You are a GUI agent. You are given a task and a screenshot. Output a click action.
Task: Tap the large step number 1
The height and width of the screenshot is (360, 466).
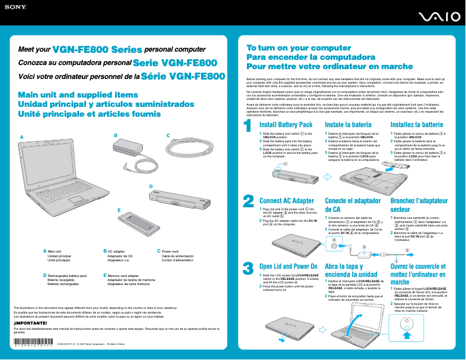click(248, 125)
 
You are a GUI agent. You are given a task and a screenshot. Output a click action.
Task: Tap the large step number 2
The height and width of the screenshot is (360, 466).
click(248, 200)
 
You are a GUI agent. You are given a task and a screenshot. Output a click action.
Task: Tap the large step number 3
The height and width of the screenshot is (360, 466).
click(248, 268)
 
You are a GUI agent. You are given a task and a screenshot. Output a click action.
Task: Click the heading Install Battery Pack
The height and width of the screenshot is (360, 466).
click(285, 125)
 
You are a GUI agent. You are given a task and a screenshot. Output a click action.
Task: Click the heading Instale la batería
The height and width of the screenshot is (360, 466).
click(348, 125)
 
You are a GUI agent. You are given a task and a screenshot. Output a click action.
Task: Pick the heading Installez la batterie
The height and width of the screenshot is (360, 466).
click(417, 125)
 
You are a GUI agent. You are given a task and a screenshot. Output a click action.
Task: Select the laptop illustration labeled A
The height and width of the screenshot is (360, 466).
click(64, 174)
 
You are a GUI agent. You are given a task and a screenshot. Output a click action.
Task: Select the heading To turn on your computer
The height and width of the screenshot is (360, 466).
click(299, 48)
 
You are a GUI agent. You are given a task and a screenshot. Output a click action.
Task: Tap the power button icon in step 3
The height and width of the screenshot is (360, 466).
click(407, 322)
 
